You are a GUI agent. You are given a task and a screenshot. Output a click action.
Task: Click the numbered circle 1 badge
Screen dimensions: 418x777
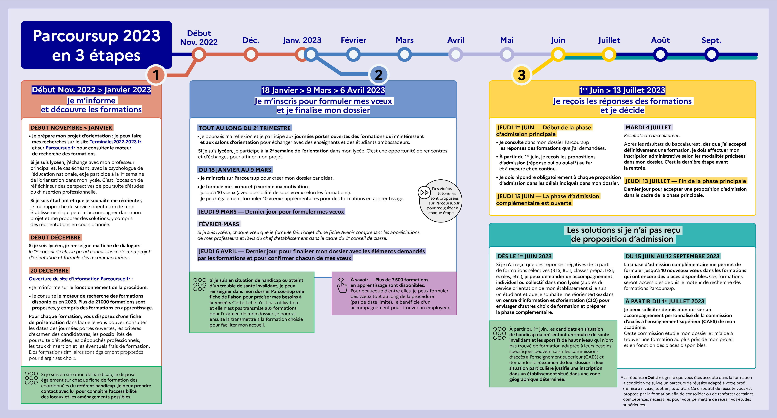coord(156,75)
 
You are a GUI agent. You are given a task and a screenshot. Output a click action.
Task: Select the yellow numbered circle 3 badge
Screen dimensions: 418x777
coord(522,75)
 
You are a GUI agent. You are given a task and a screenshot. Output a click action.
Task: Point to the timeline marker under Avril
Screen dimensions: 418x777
coord(456,55)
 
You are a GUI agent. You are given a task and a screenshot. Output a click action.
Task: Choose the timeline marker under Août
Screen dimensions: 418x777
coord(660,55)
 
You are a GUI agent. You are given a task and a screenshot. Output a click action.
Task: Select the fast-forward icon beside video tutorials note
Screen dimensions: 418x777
coord(424,192)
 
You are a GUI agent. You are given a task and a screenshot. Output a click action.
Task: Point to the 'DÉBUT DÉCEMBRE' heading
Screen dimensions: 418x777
coord(55,237)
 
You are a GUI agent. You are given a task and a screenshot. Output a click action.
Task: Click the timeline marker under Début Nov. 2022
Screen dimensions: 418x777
coord(199,55)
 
